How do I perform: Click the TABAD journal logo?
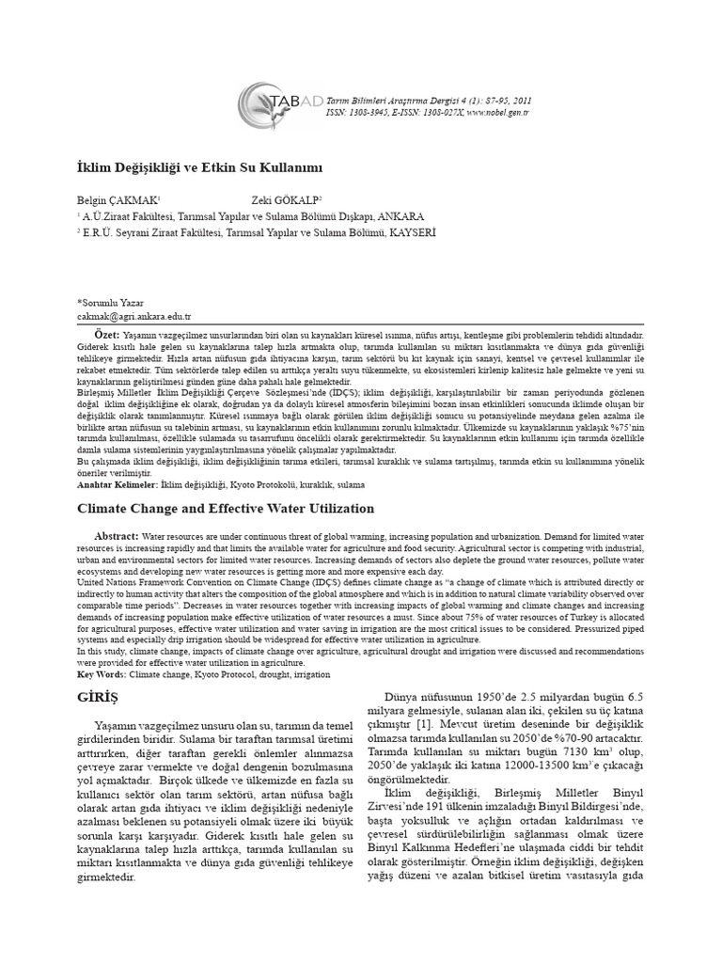click(x=273, y=104)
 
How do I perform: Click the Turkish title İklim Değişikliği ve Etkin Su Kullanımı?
click(x=199, y=167)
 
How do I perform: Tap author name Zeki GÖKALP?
click(x=286, y=200)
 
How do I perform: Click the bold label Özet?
click(x=106, y=335)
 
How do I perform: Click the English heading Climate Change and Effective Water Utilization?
click(x=212, y=508)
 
